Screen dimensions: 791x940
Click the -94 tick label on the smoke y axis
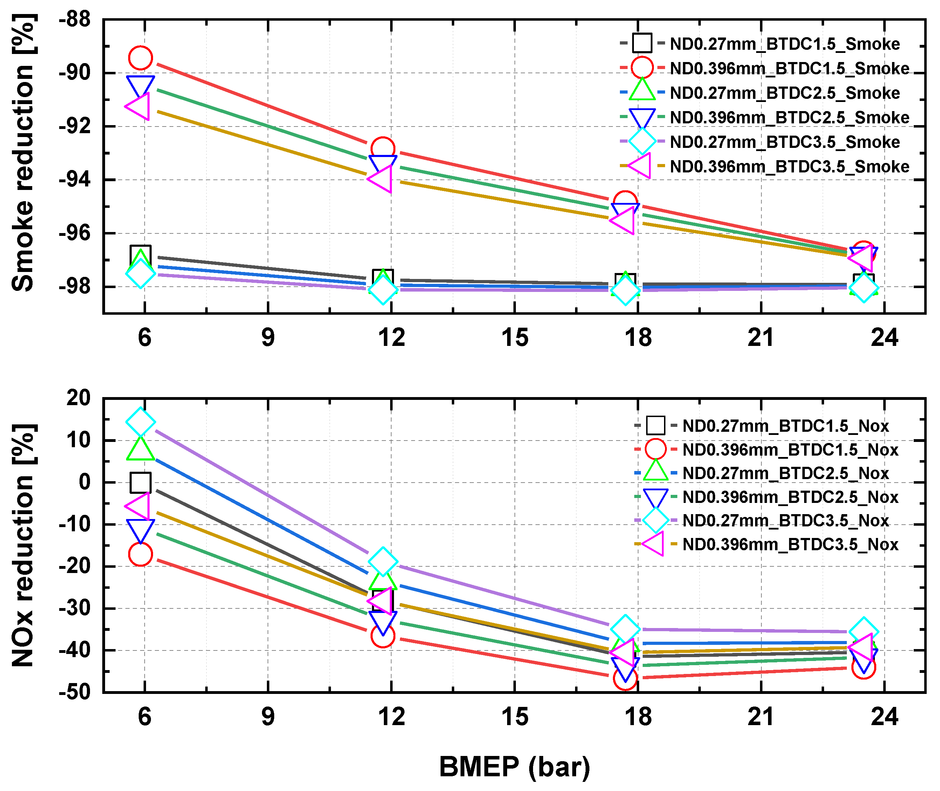click(x=74, y=180)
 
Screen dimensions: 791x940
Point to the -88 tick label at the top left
click(x=74, y=20)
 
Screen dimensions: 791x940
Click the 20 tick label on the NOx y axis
click(x=78, y=398)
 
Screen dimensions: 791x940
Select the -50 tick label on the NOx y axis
click(x=74, y=692)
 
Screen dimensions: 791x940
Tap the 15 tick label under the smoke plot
click(x=515, y=337)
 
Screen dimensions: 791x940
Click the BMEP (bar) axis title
click(x=514, y=767)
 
